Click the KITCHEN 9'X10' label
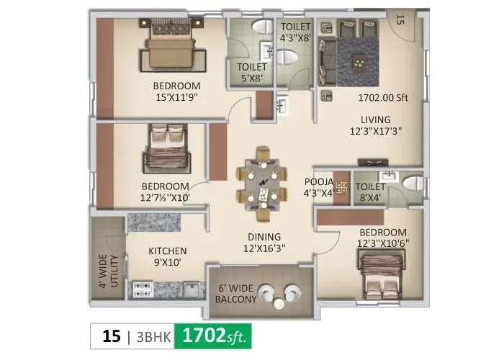(x=168, y=256)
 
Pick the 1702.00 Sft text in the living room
(x=382, y=98)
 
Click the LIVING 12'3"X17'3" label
(x=375, y=125)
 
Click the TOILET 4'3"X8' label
(x=295, y=32)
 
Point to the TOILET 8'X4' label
(x=370, y=192)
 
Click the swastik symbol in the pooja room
(x=341, y=189)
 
